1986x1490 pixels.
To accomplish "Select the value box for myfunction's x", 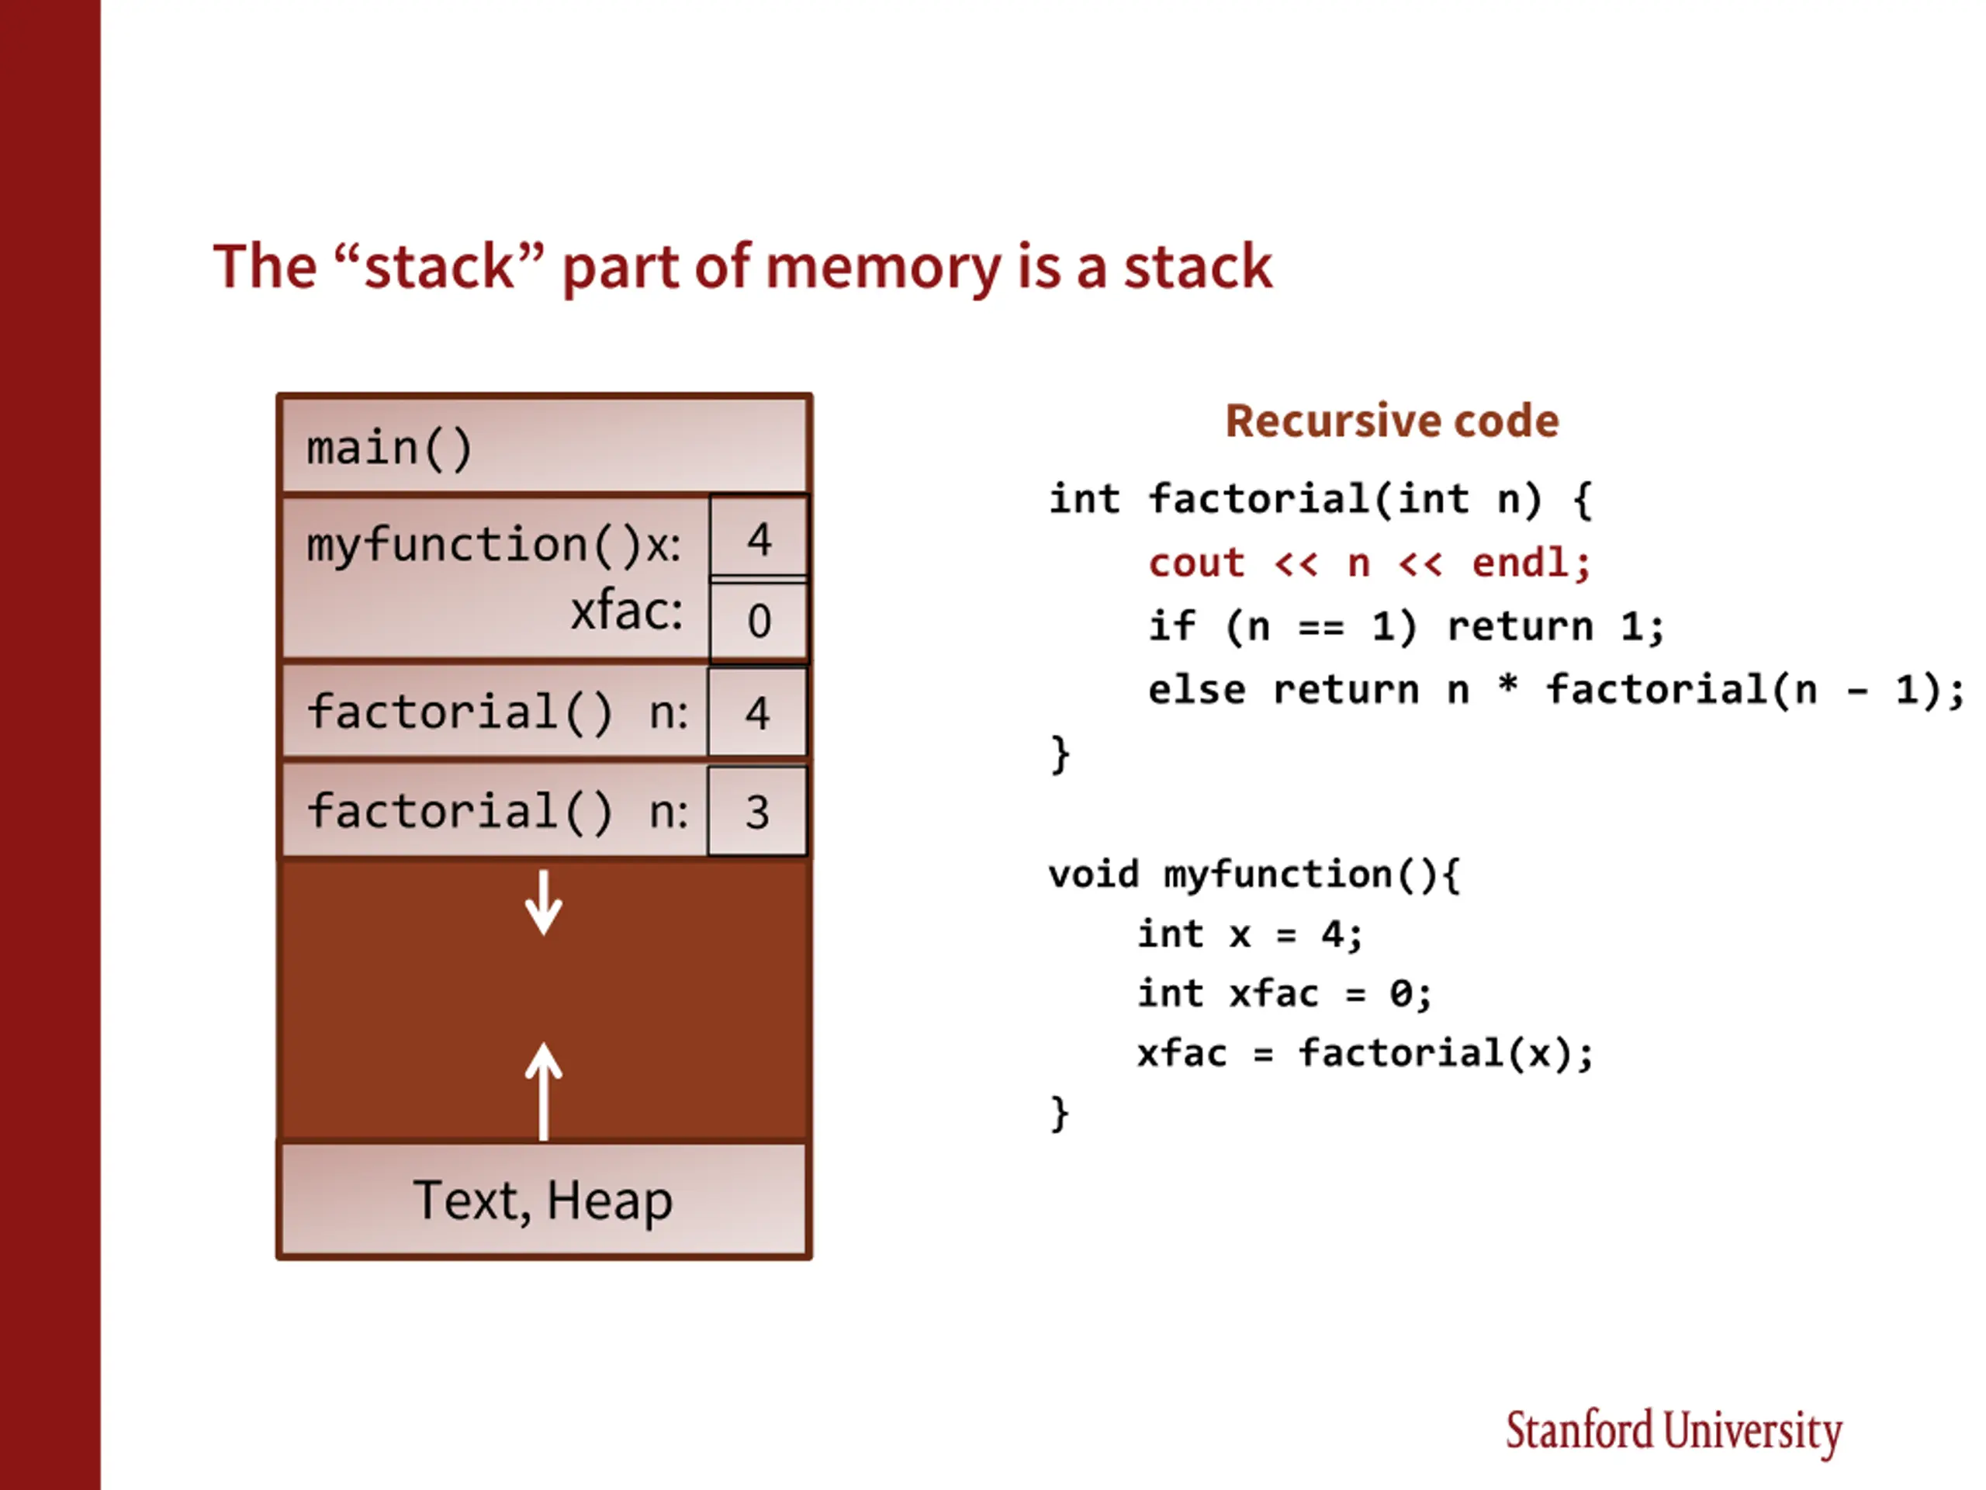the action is click(x=759, y=536).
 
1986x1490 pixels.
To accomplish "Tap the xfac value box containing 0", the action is click(x=759, y=621).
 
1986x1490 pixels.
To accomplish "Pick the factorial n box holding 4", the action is click(x=757, y=712).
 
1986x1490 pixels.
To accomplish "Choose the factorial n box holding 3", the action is click(x=757, y=811).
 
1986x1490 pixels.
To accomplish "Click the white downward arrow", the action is click(x=543, y=902).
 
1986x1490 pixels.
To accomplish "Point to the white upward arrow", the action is click(x=543, y=1091).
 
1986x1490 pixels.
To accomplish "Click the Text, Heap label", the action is click(x=542, y=1200).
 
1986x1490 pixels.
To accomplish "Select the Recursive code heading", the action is click(x=1393, y=421).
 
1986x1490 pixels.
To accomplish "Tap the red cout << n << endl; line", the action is click(x=1369, y=563).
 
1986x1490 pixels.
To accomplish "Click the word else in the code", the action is click(x=1196, y=690).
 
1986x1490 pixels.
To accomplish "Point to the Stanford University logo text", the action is click(x=1673, y=1431).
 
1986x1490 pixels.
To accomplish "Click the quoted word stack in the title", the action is click(x=439, y=267).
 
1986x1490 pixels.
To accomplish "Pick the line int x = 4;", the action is click(x=1250, y=934).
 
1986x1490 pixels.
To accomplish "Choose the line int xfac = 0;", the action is click(x=1285, y=993).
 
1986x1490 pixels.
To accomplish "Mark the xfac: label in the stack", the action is click(x=627, y=612).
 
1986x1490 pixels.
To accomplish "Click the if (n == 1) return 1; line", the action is click(x=1406, y=626).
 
